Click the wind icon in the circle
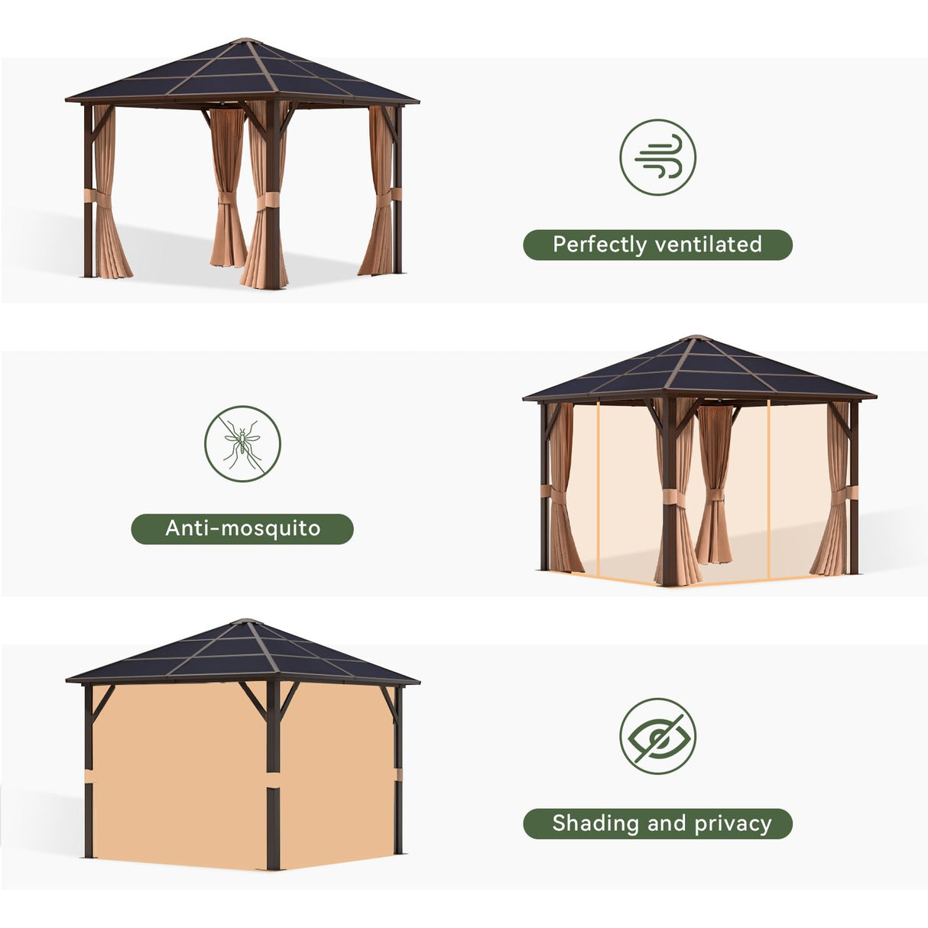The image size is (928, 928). [x=657, y=157]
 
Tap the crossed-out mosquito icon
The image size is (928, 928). [x=242, y=443]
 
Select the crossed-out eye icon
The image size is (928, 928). [x=657, y=735]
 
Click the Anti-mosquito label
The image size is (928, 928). [x=242, y=528]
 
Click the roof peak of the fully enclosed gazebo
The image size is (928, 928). [x=242, y=621]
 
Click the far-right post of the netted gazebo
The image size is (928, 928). [x=854, y=489]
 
